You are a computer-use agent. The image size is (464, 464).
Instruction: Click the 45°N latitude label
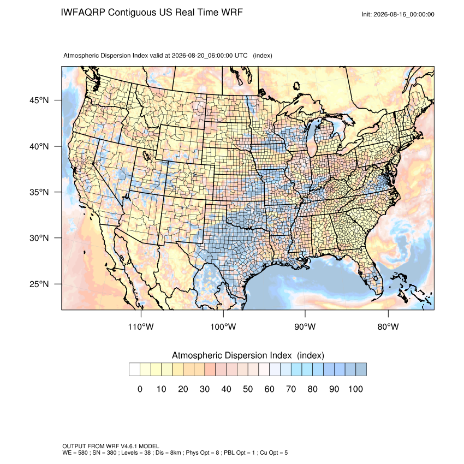39,100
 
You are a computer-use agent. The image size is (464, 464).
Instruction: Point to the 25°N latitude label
39,284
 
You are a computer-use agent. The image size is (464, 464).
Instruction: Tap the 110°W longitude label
141,326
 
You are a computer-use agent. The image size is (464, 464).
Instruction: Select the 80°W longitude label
388,326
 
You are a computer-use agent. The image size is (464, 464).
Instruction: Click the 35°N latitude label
39,192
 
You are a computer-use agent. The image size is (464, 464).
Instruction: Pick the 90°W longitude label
305,326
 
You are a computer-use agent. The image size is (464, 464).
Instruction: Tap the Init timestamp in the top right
398,14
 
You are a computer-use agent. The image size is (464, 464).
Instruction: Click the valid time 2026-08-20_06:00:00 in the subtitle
202,56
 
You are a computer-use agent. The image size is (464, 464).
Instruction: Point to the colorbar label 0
140,389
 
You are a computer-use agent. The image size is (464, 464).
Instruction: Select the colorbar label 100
355,389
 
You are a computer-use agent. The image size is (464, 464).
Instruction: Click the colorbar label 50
248,389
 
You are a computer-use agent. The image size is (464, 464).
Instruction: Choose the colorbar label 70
291,389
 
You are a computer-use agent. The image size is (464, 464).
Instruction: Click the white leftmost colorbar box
134,370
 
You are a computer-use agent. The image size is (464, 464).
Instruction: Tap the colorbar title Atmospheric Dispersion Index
231,355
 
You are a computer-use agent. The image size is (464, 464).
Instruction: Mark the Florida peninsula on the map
371,272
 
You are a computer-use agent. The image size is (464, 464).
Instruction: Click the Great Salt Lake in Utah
146,155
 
